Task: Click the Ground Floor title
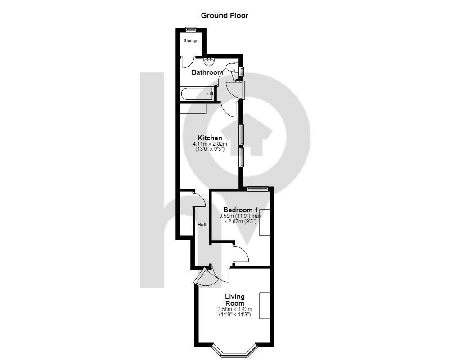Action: pos(225,15)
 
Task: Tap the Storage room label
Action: pos(191,41)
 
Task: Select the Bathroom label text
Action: pos(207,72)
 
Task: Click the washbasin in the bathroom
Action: pos(209,61)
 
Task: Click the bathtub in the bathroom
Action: pos(198,94)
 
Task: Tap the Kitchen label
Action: pos(210,138)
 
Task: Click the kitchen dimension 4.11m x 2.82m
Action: pos(210,144)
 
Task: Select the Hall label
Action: pos(202,225)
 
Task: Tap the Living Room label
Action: pos(235,300)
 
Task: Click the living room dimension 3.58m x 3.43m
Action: pos(235,309)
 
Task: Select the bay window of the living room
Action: pos(234,350)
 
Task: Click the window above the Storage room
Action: pos(190,29)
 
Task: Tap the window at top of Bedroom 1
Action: pos(258,189)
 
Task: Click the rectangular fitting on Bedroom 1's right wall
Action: pos(265,222)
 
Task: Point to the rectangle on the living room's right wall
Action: pos(265,306)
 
